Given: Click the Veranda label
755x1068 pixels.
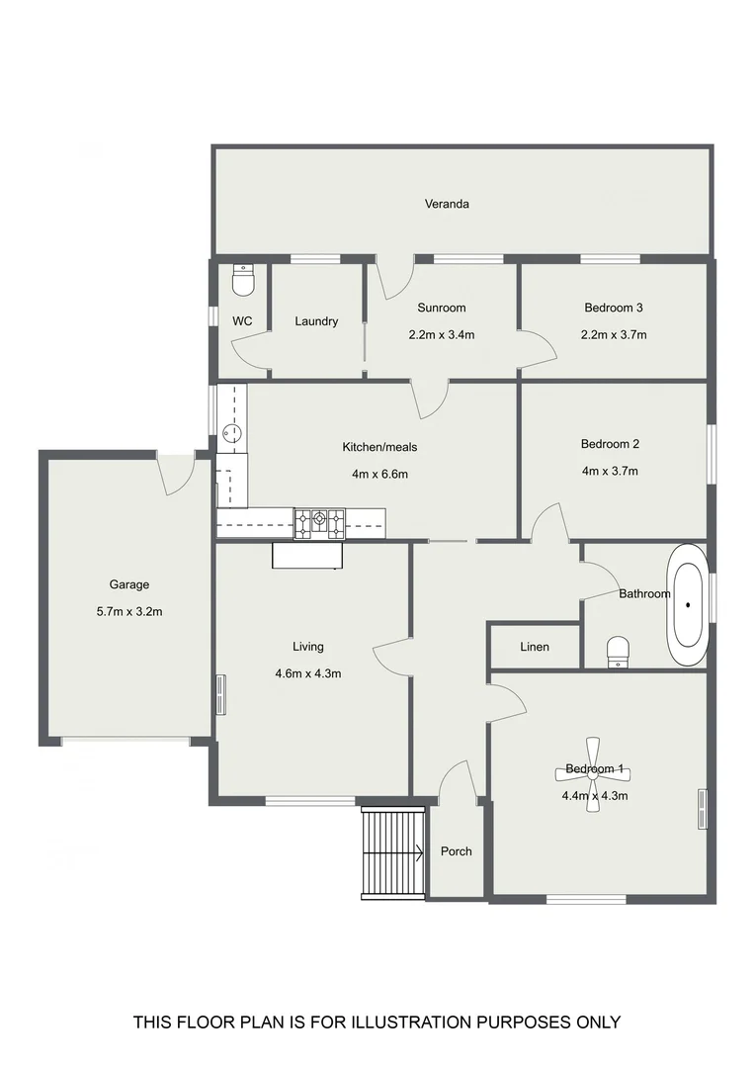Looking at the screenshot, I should (x=447, y=204).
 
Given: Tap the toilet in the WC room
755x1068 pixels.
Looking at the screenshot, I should (x=242, y=281).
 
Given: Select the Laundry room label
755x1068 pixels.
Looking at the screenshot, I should (x=316, y=321).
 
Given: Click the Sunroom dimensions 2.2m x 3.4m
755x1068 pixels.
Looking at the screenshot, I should (x=442, y=334).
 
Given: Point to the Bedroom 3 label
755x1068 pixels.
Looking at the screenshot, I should (x=613, y=308).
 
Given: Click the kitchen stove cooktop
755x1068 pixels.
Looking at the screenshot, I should (x=319, y=521).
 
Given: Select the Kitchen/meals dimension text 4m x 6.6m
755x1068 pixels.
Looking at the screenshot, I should (x=379, y=474).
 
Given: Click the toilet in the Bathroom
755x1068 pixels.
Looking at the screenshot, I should (x=618, y=651).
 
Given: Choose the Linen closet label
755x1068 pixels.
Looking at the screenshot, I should (x=535, y=647).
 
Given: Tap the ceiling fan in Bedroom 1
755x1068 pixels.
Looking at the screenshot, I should (x=593, y=774).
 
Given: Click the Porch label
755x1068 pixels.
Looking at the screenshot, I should (x=456, y=851).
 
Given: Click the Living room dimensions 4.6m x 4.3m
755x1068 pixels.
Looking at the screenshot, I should (x=307, y=674).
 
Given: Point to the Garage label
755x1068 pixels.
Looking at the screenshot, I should (x=129, y=584).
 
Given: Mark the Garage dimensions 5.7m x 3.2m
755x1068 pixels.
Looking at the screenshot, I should (x=129, y=611).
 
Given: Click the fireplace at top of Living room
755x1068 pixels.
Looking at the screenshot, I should (x=307, y=557).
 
